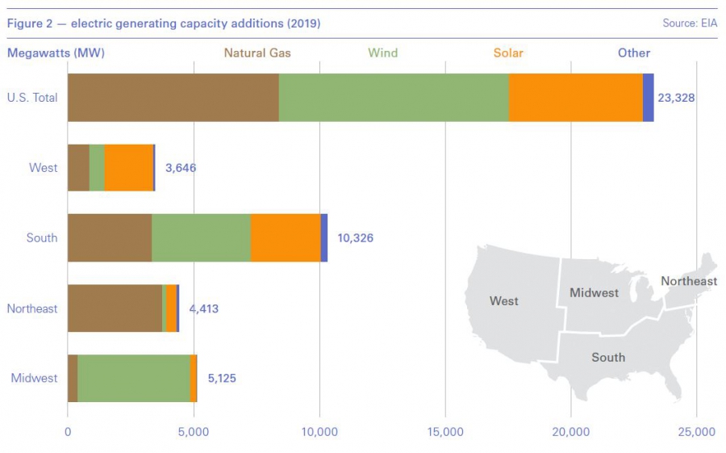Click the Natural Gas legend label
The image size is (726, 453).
pyautogui.click(x=257, y=53)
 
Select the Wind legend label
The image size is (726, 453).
pyautogui.click(x=382, y=53)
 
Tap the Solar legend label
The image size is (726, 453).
pyautogui.click(x=508, y=53)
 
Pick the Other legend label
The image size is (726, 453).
pyautogui.click(x=634, y=53)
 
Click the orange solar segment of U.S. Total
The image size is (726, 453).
pyautogui.click(x=575, y=98)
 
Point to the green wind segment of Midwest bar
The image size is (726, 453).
pyautogui.click(x=133, y=378)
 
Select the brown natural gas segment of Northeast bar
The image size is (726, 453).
pyautogui.click(x=115, y=308)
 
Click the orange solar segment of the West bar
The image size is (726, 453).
pyautogui.click(x=128, y=168)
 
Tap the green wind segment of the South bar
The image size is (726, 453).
pyautogui.click(x=201, y=238)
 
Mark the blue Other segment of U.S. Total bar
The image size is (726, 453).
pyautogui.click(x=648, y=98)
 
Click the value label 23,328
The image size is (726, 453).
pyautogui.click(x=676, y=98)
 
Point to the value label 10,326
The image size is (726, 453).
pyautogui.click(x=355, y=238)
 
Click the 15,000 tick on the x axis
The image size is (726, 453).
pyautogui.click(x=445, y=432)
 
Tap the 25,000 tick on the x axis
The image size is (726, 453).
pyautogui.click(x=696, y=432)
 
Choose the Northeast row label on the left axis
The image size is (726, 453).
pyautogui.click(x=32, y=308)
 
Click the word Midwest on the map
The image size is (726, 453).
pyautogui.click(x=594, y=292)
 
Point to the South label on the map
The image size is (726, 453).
pyautogui.click(x=608, y=357)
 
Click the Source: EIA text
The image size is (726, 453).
pyautogui.click(x=690, y=23)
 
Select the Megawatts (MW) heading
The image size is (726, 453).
pyautogui.click(x=56, y=53)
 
